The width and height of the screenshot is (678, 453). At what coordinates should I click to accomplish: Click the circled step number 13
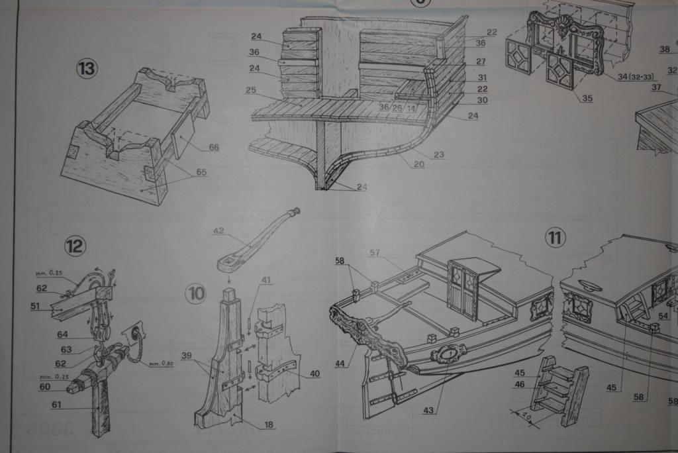pos(87,69)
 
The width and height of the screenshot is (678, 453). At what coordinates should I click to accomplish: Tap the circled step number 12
pos(75,247)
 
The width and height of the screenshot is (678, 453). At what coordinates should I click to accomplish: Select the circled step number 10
pos(195,294)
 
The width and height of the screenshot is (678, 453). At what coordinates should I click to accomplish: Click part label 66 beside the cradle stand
pos(213,148)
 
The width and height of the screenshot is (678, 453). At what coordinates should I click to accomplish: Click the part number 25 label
pos(251,90)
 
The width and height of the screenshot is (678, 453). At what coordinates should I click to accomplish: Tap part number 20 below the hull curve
pos(417,165)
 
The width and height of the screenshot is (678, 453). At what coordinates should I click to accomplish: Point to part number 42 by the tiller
pos(218,231)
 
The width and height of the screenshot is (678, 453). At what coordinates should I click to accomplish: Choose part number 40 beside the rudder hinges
pos(315,374)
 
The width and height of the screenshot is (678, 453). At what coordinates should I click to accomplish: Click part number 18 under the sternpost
pos(268,425)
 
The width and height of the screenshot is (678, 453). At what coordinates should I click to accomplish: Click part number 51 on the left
pos(35,306)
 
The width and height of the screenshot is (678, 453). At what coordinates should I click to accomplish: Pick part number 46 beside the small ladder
pos(520,384)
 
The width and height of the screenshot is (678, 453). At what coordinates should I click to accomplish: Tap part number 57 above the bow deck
pos(375,252)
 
